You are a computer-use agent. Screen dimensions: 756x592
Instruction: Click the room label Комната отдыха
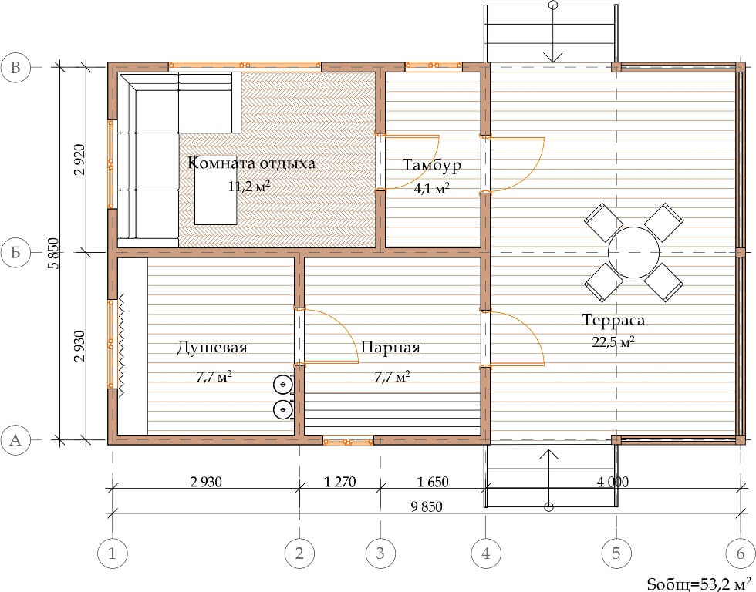point(251,163)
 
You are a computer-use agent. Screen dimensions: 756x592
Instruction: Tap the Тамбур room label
point(432,165)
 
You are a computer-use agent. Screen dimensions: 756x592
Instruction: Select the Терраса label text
point(613,320)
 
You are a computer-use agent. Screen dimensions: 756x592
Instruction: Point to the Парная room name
point(390,348)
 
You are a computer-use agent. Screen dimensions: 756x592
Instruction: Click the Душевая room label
point(212,348)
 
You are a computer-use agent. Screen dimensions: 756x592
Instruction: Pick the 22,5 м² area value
point(613,341)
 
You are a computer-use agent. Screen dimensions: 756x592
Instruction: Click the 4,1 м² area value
point(431,188)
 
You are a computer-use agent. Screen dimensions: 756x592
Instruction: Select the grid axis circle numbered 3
point(380,553)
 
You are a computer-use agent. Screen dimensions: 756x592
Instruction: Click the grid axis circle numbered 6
point(741,553)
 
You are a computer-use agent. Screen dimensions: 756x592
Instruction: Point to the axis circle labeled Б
point(15,252)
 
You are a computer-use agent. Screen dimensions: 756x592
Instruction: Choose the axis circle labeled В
point(15,67)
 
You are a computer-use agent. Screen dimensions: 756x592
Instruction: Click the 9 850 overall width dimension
point(427,506)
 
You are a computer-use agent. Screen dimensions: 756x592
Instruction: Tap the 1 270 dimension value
point(340,482)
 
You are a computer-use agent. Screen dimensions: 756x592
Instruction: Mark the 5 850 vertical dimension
point(53,254)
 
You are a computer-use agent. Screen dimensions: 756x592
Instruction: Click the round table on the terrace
point(633,252)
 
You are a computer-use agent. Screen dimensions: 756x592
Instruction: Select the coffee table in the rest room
point(215,190)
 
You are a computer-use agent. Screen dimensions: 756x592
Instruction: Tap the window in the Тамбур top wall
point(434,65)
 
